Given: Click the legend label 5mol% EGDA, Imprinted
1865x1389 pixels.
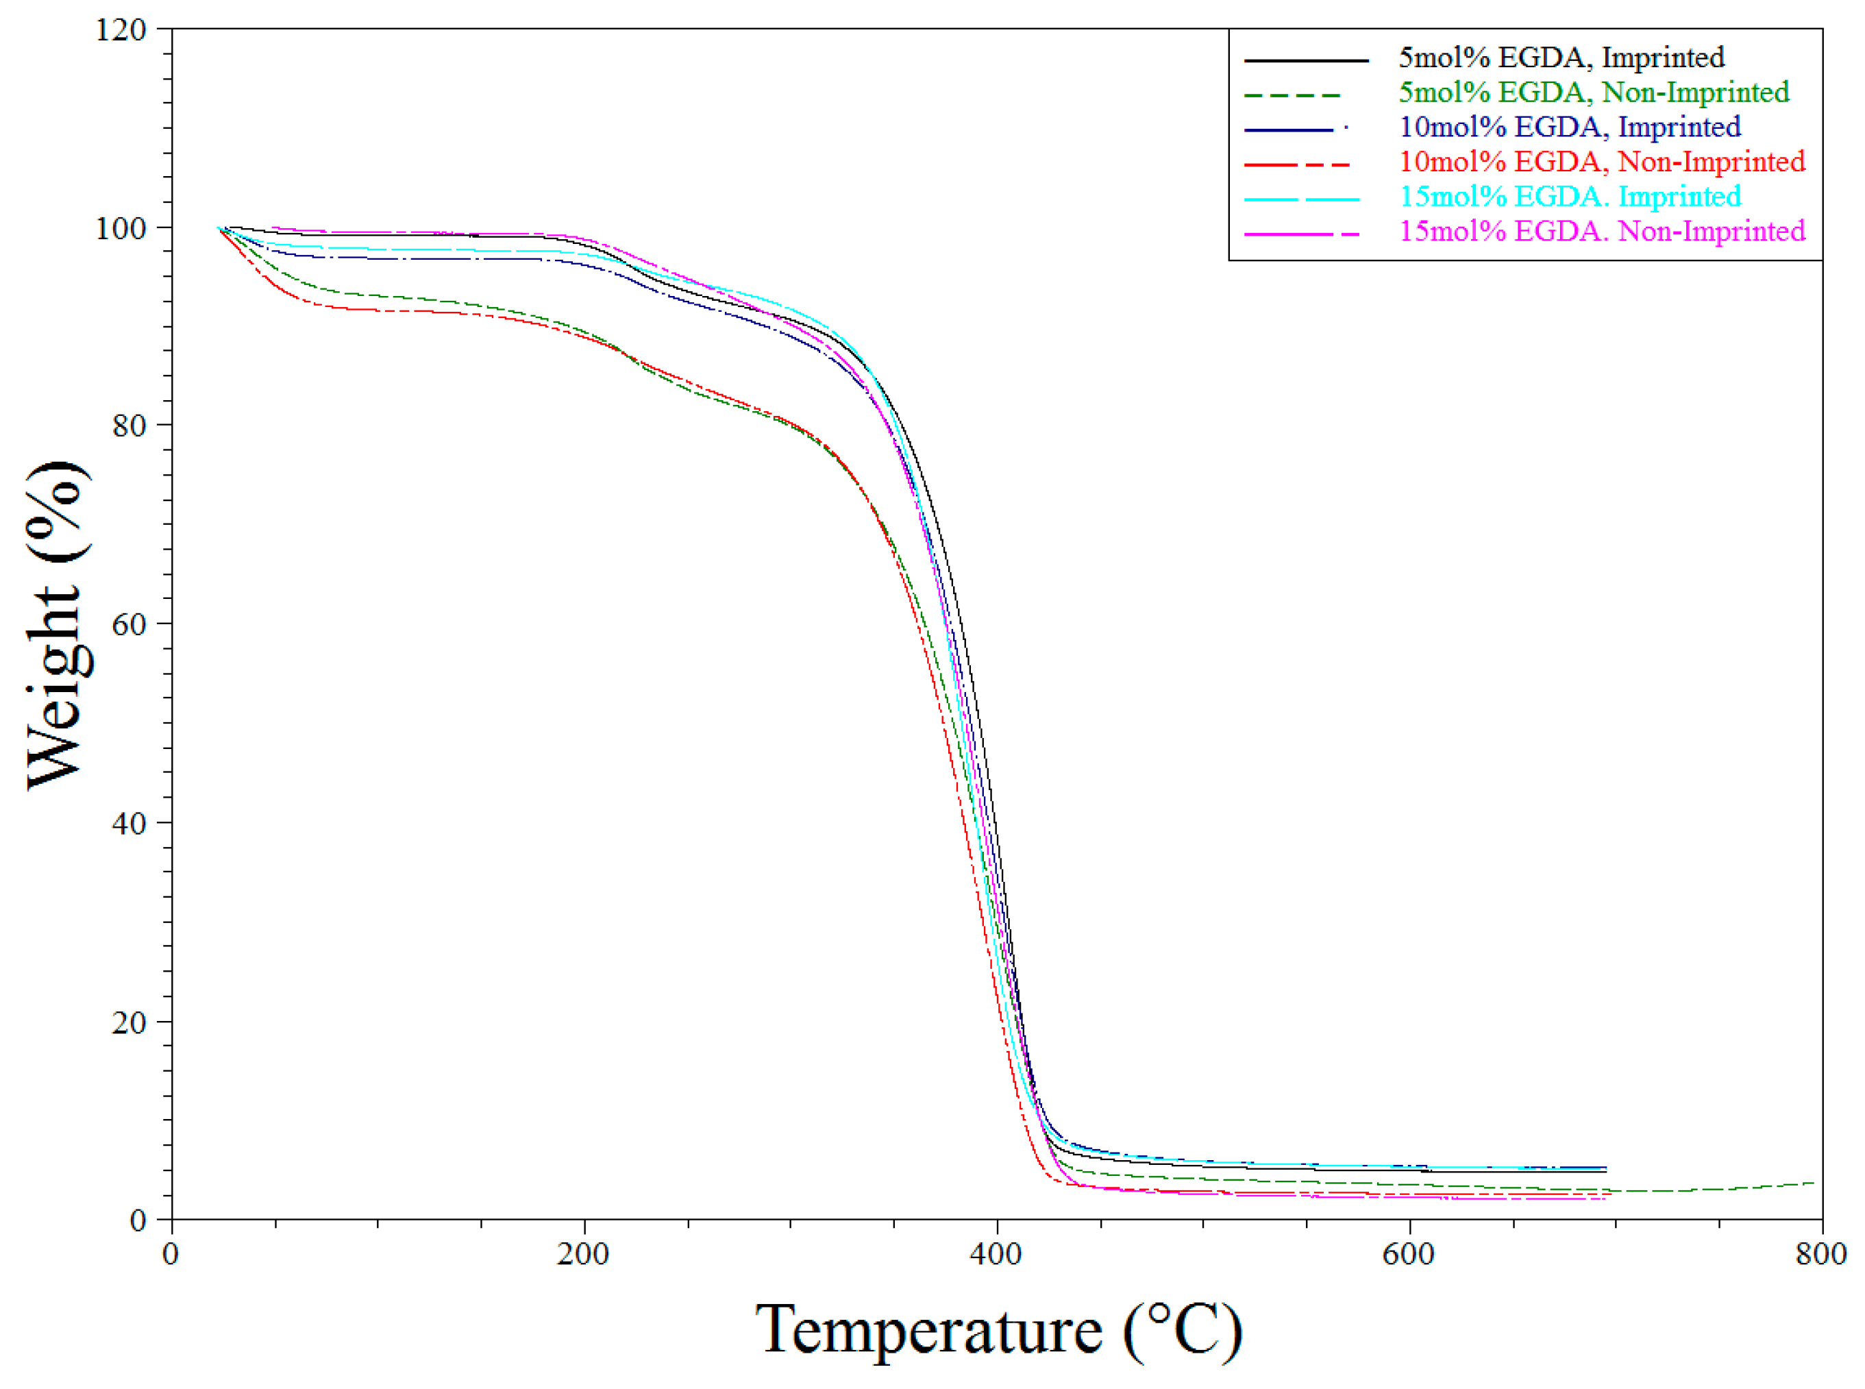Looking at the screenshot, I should [1561, 57].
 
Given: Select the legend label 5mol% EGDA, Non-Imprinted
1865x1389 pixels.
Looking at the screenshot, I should [1594, 92].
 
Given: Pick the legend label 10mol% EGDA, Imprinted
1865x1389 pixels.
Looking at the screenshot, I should [1569, 126].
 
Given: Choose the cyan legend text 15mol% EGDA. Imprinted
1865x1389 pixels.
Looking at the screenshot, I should [1569, 196].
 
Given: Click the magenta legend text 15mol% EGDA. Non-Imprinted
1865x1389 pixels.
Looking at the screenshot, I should [1601, 230].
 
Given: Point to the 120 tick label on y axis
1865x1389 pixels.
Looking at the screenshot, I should [121, 30].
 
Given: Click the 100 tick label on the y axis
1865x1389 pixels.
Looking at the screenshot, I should [121, 228].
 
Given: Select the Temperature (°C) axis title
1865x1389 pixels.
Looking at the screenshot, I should [998, 1329].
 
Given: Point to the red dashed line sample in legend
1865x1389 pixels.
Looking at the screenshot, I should [1296, 164].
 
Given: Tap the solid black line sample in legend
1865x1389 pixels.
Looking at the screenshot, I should [1305, 60].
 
